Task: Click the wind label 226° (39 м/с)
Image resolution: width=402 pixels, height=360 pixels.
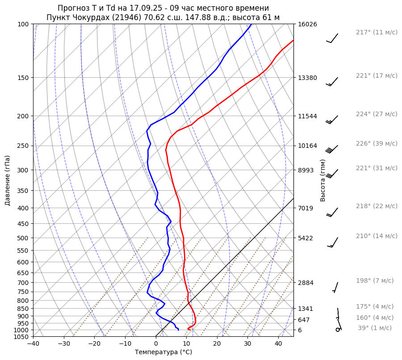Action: point(376,144)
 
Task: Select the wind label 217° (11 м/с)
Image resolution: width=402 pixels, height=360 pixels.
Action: point(376,33)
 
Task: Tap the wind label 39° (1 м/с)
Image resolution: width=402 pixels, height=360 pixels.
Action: point(374,328)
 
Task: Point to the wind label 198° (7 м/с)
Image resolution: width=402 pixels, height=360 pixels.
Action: point(374,281)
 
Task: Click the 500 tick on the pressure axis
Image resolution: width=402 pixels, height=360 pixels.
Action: point(23,238)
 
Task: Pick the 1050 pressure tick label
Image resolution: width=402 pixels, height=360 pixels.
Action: point(21,337)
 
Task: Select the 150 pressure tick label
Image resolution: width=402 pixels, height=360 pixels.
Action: point(23,78)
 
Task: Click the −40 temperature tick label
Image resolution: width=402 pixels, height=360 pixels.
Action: point(33,344)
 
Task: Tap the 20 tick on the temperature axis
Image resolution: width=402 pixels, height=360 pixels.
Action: point(217,344)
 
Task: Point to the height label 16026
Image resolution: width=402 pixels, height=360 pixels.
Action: point(307,24)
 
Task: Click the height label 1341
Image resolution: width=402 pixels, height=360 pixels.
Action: point(306,309)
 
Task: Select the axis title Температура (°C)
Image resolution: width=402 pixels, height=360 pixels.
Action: point(163,352)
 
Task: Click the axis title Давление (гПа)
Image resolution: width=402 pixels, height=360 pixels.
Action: point(8,180)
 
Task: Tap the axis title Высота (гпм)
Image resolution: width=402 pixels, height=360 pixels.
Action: point(323,180)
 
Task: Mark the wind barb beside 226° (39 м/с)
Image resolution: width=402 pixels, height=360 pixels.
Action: point(332,149)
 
